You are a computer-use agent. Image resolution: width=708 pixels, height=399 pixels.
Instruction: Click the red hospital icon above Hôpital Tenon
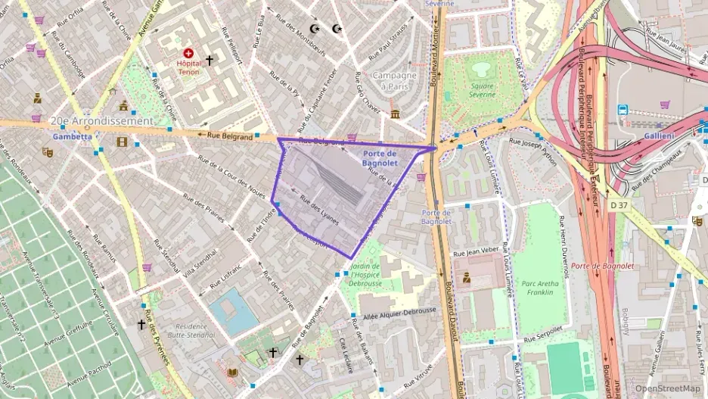coord(188,55)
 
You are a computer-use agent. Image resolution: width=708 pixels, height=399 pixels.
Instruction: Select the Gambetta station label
coord(73,137)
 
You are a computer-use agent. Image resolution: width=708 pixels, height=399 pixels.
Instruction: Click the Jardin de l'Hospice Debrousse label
coord(366,274)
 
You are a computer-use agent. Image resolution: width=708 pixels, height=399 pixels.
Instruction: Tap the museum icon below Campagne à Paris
coord(395,114)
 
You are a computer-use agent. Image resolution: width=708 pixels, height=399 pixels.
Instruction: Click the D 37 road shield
coord(619,204)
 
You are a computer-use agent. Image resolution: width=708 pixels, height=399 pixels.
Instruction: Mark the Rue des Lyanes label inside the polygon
coord(318,210)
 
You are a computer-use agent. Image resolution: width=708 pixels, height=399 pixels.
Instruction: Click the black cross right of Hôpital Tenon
coord(209,59)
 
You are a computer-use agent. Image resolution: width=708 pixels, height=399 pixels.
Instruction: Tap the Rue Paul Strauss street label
coord(388,47)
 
